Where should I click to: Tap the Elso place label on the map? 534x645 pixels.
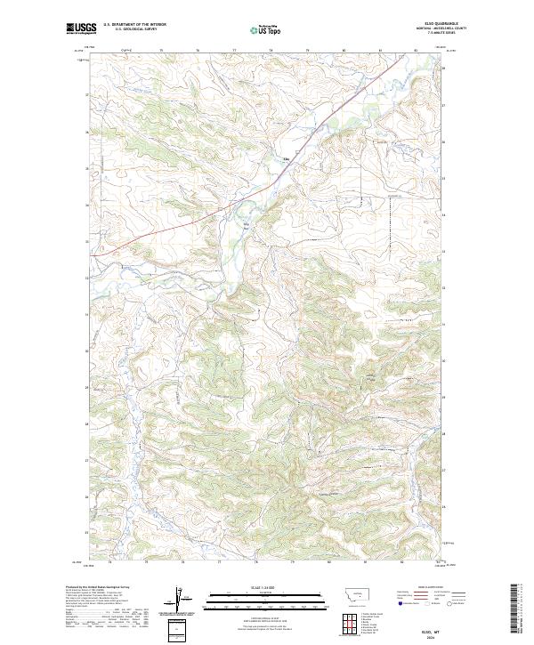287,160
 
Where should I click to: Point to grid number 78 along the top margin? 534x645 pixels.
271,51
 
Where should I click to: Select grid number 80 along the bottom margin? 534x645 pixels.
329,562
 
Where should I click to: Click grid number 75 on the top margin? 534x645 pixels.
161,51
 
